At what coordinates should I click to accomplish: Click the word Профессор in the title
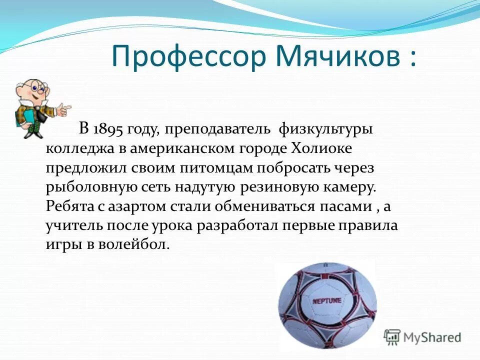coord(188,57)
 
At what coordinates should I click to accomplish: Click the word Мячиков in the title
coord(332,56)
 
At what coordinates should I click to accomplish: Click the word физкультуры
coord(325,129)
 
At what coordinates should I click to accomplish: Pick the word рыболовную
coord(84,187)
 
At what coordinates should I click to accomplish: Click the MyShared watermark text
coord(432,337)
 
